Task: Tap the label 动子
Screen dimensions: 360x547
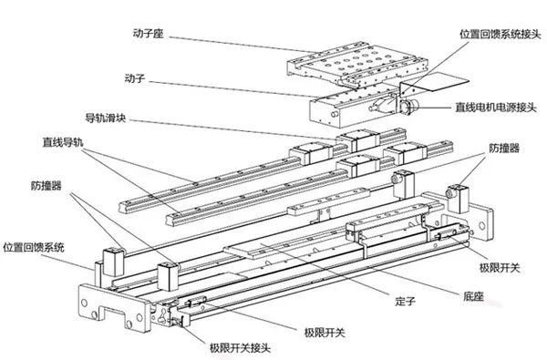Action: [x=136, y=78]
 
